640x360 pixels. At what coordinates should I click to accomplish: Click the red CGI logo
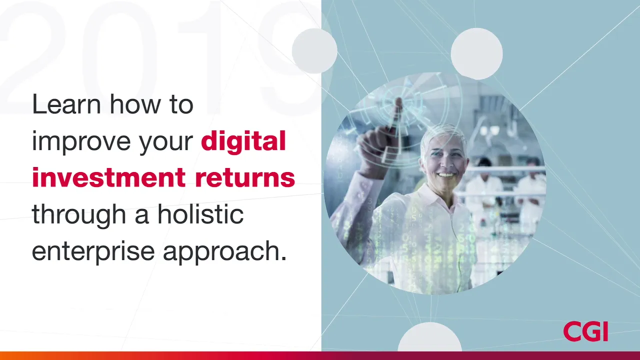(585, 331)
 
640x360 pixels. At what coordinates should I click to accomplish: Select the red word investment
(109, 177)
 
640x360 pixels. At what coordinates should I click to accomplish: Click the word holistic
(200, 214)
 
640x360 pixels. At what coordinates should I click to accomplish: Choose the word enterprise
(93, 251)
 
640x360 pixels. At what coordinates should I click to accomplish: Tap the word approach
(224, 251)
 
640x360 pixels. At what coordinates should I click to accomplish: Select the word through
(79, 214)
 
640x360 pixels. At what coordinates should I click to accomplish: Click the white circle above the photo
(476, 53)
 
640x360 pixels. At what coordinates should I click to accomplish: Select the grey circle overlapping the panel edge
(314, 51)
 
